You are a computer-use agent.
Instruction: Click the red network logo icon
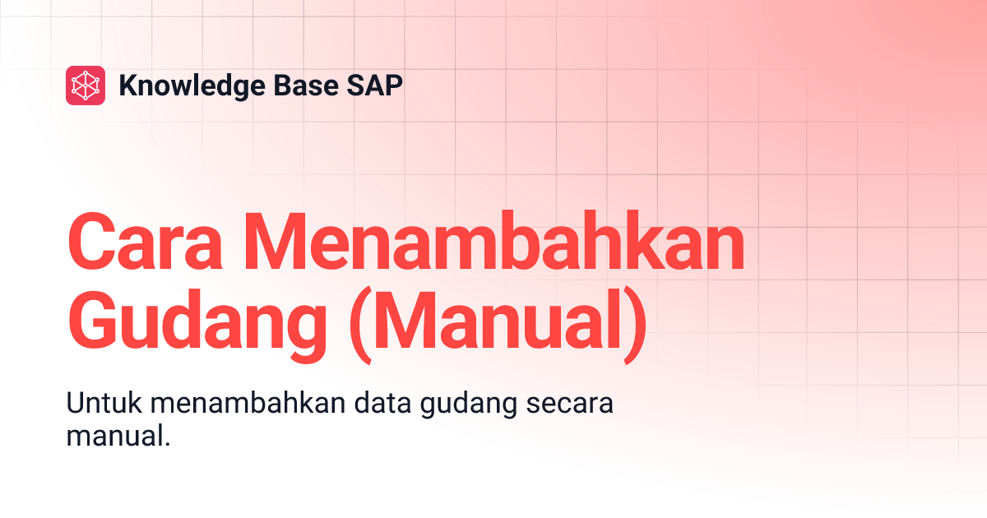point(86,86)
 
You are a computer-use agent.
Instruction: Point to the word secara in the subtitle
point(572,407)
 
